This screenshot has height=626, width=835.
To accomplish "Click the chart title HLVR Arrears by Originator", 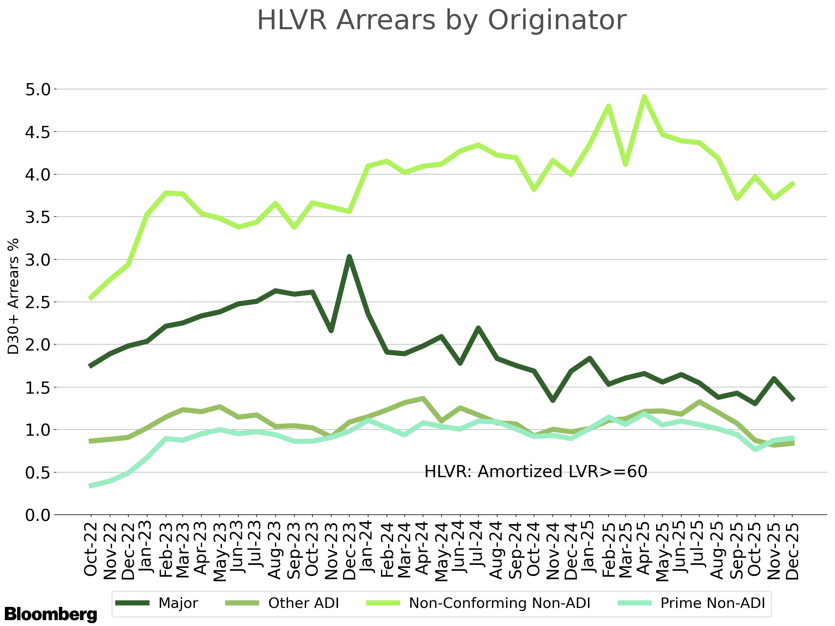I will click(x=442, y=21).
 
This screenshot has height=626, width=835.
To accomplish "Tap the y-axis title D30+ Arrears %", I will click(x=14, y=296).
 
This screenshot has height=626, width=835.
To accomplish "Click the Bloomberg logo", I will click(x=50, y=614).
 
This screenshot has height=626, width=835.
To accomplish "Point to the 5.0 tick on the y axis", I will click(x=38, y=90).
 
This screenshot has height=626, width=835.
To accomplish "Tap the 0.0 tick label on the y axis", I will click(x=38, y=515).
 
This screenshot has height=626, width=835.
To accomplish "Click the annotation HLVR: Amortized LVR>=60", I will click(x=536, y=472).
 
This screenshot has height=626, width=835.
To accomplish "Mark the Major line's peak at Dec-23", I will click(x=350, y=257).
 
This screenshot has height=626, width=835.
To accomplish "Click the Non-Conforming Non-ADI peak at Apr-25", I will click(x=645, y=97).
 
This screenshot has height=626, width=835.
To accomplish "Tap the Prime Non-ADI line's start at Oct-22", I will click(x=90, y=486).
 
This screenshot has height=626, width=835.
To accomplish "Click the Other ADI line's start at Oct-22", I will click(x=90, y=441).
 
